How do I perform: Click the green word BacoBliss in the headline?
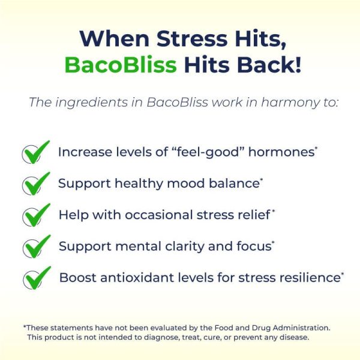coord(121,65)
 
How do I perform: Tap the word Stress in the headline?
coord(192,38)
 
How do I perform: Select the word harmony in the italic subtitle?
coord(290,103)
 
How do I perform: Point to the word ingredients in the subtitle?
coord(91,103)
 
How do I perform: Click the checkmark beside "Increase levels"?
coord(36,152)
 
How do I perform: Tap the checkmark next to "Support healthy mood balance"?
coord(36,184)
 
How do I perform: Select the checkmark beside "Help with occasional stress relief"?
coord(36,215)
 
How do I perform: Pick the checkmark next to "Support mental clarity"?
coord(37,247)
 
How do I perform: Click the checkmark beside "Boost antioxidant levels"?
coord(37,278)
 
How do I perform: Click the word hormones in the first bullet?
coord(281,152)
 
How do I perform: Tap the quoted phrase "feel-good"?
coord(208,152)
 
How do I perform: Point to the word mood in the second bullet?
coord(185,184)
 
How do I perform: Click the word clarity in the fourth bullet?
coord(184,247)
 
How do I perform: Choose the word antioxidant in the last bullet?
coord(137,278)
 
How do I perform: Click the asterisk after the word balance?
coord(262,180)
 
